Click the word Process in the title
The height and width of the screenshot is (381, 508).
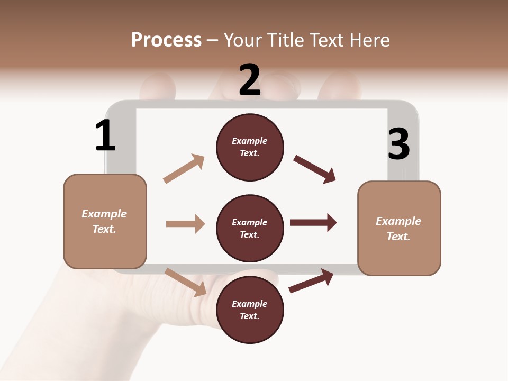click(166, 40)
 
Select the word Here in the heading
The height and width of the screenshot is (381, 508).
click(369, 40)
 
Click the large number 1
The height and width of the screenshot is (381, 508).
click(105, 136)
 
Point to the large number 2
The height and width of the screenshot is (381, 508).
click(250, 80)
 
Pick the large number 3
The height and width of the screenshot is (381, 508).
click(398, 144)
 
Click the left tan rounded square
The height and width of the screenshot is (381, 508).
click(105, 221)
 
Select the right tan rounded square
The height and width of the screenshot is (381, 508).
click(399, 229)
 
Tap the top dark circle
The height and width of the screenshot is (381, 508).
click(250, 147)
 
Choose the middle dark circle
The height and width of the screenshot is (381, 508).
click(250, 228)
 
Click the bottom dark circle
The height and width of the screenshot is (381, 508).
click(250, 310)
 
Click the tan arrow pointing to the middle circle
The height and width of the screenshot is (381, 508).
click(185, 224)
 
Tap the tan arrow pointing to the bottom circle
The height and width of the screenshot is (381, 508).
click(186, 282)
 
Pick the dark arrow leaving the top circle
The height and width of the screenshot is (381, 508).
click(315, 169)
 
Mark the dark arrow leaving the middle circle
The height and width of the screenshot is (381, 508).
click(313, 222)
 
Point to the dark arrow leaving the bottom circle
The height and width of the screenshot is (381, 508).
click(311, 280)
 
